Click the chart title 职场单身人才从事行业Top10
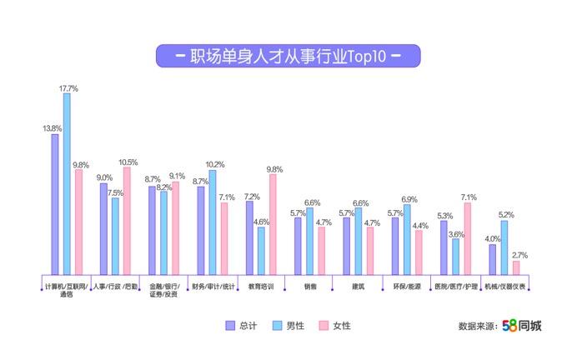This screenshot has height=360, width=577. pyautogui.click(x=288, y=56)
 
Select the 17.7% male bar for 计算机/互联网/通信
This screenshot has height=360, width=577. pyautogui.click(x=67, y=183)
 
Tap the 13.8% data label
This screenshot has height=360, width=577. pyautogui.click(x=52, y=128)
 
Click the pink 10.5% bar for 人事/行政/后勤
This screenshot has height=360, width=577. pyautogui.click(x=127, y=220)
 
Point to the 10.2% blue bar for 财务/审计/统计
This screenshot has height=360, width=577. pyautogui.click(x=213, y=222)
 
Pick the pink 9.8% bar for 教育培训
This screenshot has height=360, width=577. pyautogui.click(x=273, y=223)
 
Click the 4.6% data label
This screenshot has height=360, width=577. pyautogui.click(x=261, y=222)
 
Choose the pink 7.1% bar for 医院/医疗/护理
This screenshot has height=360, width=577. pyautogui.click(x=467, y=238)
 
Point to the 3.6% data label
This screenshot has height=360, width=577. pyautogui.click(x=455, y=234)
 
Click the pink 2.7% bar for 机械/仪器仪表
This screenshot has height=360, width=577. pyautogui.click(x=515, y=267)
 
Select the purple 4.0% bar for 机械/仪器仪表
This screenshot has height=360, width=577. pyautogui.click(x=492, y=259)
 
